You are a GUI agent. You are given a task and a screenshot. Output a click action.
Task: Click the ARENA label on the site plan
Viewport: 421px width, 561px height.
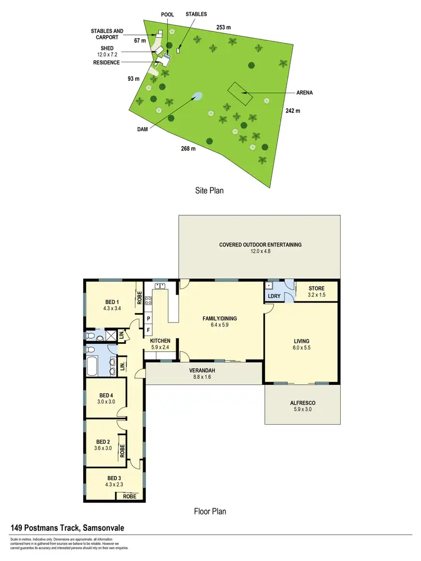(x=304, y=93)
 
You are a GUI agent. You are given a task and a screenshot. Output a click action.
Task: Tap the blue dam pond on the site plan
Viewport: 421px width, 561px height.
(x=196, y=96)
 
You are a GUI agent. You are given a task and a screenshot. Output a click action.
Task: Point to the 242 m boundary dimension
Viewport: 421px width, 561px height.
(x=293, y=111)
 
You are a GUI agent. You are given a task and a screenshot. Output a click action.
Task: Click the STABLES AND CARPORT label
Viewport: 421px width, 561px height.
(x=108, y=34)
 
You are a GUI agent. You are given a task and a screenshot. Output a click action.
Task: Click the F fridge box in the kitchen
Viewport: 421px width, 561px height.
(x=149, y=330)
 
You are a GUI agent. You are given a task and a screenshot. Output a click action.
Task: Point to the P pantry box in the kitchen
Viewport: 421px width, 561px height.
(x=149, y=319)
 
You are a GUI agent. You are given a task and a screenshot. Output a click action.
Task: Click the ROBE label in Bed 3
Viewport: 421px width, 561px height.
(x=129, y=496)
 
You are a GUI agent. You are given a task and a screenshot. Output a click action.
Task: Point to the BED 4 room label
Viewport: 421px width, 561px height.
(x=105, y=398)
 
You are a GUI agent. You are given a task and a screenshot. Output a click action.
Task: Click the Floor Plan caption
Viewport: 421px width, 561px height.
(x=210, y=511)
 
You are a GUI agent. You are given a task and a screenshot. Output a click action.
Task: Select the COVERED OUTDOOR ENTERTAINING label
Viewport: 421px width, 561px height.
(x=260, y=248)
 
